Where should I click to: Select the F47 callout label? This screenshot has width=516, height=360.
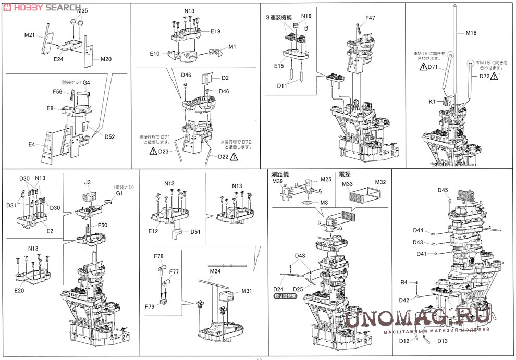(x=370, y=18)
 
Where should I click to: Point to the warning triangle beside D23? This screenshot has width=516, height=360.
(x=153, y=151)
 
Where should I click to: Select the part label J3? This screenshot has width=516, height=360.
(x=87, y=182)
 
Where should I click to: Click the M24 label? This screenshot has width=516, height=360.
(x=215, y=271)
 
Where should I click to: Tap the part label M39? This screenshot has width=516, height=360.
(x=277, y=181)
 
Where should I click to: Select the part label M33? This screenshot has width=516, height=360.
(x=348, y=183)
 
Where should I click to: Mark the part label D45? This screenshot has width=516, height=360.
(x=443, y=190)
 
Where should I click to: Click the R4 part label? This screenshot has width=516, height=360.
(x=403, y=282)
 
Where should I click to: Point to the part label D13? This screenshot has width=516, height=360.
(x=443, y=341)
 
